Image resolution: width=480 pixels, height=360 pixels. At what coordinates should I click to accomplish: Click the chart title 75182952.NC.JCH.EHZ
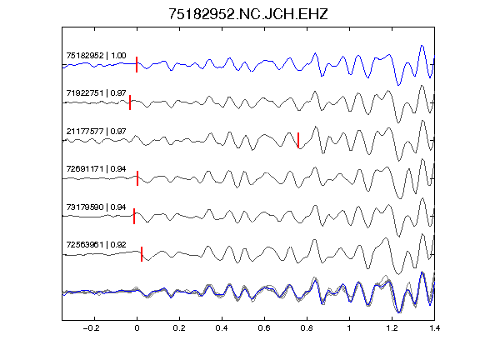tap(248, 14)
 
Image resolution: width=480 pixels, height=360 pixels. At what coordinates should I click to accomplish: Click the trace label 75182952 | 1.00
tap(96, 56)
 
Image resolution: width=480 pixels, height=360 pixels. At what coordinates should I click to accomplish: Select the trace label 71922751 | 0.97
tap(96, 93)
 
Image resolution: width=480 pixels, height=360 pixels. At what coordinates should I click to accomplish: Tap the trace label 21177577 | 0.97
tap(96, 132)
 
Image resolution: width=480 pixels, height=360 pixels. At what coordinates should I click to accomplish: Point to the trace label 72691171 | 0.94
tap(96, 169)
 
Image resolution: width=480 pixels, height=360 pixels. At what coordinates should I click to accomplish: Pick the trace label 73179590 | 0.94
tap(96, 207)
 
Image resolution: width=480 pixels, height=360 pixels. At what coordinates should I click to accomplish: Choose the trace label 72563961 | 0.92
tap(96, 245)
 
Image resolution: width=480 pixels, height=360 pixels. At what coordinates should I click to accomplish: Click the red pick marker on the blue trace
tap(137, 65)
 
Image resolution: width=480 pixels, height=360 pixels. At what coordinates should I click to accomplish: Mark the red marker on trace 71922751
tap(130, 102)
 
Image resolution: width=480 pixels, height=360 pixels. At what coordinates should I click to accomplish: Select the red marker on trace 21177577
tap(298, 140)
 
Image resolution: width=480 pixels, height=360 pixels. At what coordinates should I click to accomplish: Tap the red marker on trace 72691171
tap(137, 178)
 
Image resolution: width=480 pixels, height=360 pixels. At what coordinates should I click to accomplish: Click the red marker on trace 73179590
tap(134, 216)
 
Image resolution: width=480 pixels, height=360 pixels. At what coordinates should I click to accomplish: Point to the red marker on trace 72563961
tap(142, 254)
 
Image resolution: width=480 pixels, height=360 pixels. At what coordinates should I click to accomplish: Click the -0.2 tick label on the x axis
tap(92, 328)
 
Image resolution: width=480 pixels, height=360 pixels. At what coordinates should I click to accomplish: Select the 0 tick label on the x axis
tap(137, 328)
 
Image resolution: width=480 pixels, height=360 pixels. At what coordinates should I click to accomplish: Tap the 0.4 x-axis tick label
tap(222, 328)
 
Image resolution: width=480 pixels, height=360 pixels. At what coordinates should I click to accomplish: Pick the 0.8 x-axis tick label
tap(307, 328)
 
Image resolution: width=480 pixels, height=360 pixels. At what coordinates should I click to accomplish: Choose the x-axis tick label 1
tap(349, 328)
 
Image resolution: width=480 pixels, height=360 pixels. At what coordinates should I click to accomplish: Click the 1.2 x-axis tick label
tap(392, 328)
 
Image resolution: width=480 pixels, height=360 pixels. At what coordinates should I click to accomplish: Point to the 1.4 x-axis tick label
tap(434, 328)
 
